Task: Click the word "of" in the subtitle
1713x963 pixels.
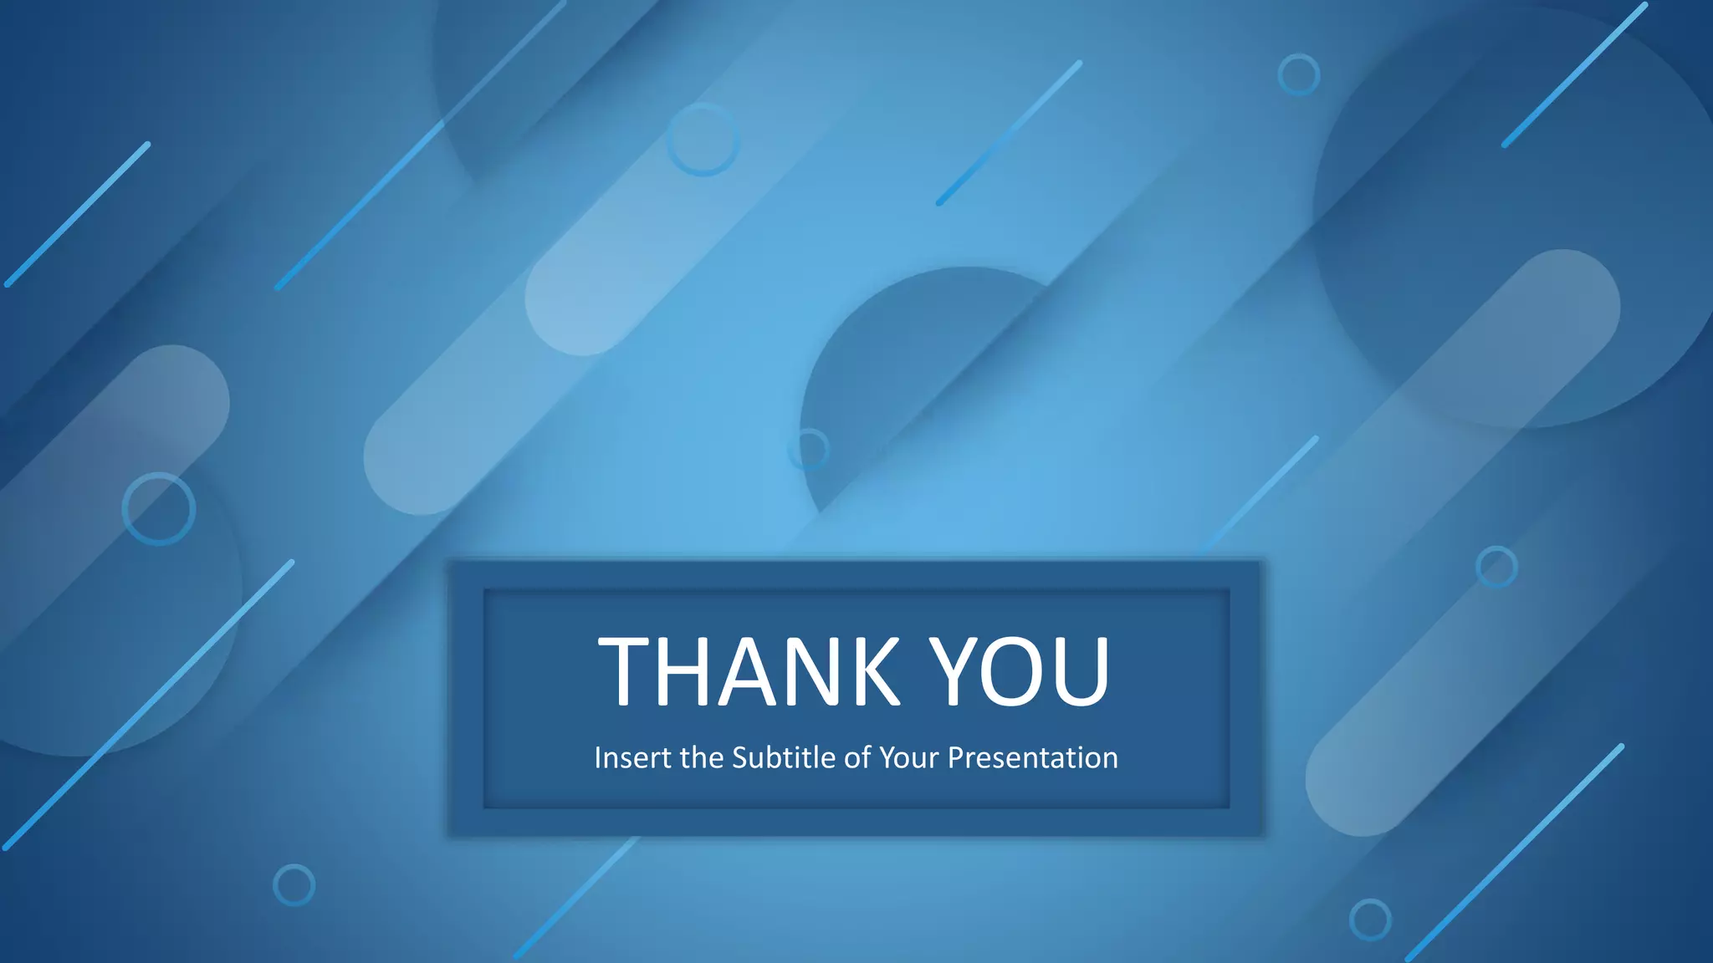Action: [857, 757]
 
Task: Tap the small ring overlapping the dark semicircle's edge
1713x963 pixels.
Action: [808, 449]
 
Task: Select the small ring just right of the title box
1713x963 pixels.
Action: [1496, 567]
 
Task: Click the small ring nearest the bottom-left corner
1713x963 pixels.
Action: [294, 884]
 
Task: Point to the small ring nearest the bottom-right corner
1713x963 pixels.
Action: [1370, 920]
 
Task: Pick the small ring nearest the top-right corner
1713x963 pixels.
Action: [1299, 74]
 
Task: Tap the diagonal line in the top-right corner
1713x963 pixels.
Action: [1574, 75]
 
